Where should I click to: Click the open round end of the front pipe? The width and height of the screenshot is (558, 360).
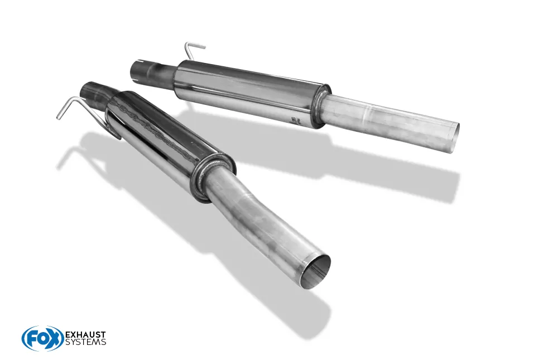[x=314, y=271]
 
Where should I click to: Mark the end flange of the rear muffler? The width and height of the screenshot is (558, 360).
[x=321, y=105]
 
